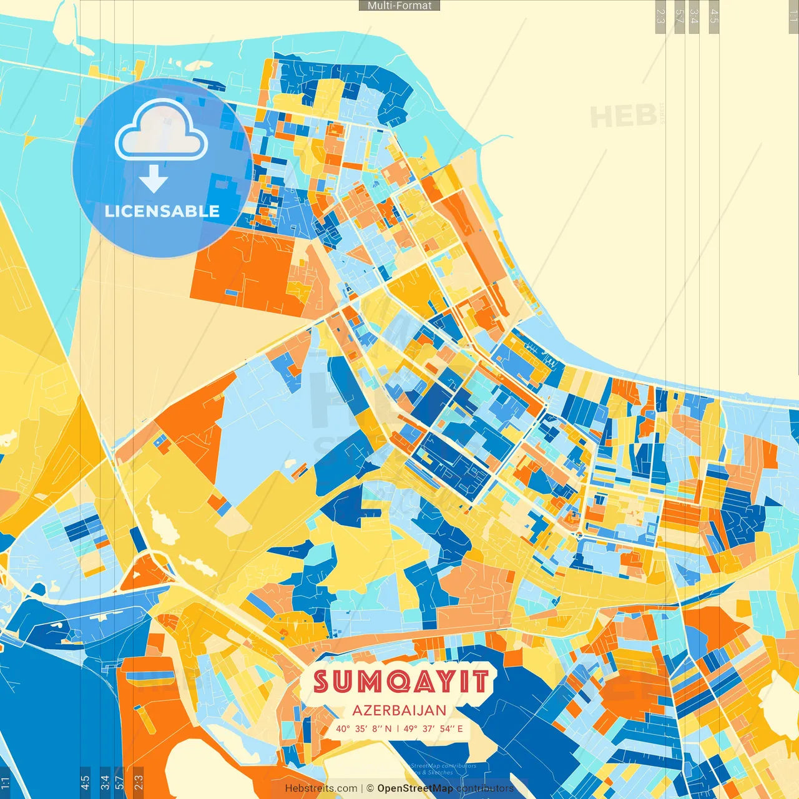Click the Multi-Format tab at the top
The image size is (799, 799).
399,6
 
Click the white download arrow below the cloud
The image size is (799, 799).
154,179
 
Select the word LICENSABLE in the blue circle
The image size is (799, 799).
162,211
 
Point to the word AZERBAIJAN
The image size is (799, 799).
399,710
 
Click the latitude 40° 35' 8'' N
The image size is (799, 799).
364,728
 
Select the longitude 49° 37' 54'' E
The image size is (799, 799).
433,728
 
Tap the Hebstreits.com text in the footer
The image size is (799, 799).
321,788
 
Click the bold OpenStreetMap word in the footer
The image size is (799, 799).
414,788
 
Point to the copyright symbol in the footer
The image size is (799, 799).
370,788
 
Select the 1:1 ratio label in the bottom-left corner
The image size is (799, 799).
5,782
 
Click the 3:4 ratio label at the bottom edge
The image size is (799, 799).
105,782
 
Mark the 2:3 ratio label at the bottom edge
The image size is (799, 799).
139,782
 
